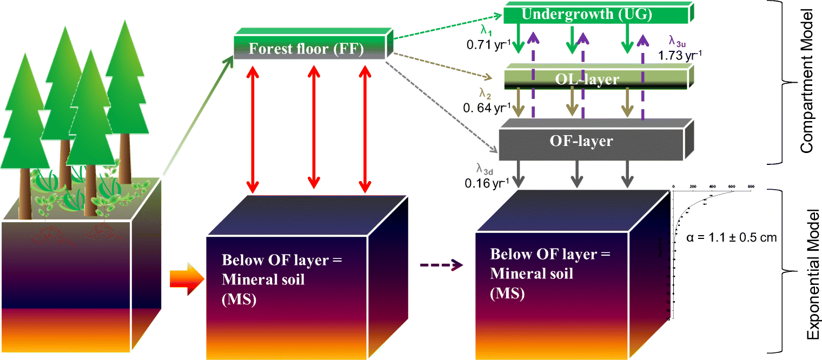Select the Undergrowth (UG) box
point(595,15)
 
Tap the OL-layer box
point(595,79)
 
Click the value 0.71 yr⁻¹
point(488,44)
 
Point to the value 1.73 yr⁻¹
point(680,55)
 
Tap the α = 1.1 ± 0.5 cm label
point(732,237)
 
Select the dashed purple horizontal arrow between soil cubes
point(441,265)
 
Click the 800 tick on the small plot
point(751,185)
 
